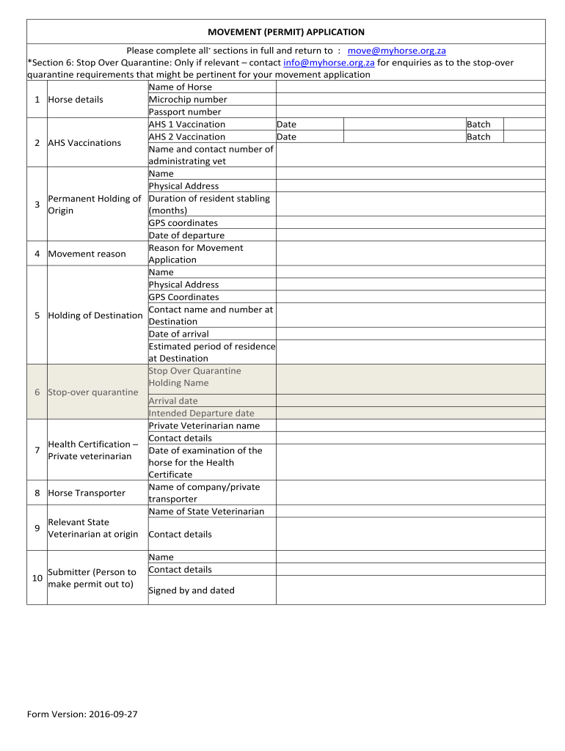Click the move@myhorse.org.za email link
click(x=396, y=51)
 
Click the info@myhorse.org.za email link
click(x=329, y=62)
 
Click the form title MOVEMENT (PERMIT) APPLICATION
click(x=285, y=32)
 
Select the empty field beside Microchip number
click(x=410, y=100)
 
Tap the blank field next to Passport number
click(x=410, y=112)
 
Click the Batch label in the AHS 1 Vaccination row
click(x=478, y=125)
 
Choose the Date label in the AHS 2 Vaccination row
click(x=286, y=137)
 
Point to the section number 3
click(x=37, y=205)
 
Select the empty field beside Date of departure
click(x=410, y=235)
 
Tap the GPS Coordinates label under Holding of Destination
click(x=183, y=297)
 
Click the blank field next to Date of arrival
click(x=410, y=334)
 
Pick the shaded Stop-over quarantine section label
click(x=92, y=392)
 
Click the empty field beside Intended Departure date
click(x=410, y=414)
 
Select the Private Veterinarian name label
click(x=204, y=426)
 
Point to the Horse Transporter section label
click(x=87, y=494)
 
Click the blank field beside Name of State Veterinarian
click(x=410, y=512)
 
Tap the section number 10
click(x=37, y=578)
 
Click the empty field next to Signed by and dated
click(x=410, y=590)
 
